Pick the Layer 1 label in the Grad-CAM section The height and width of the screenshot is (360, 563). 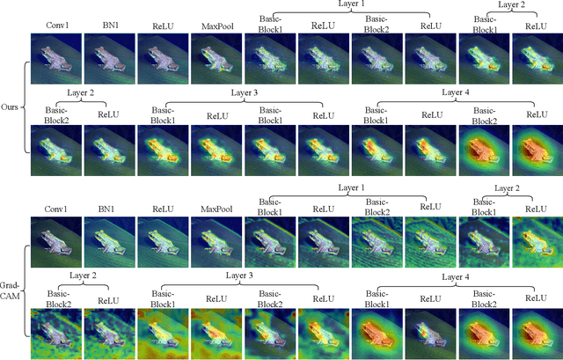349,188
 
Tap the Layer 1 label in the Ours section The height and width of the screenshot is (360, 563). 349,5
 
